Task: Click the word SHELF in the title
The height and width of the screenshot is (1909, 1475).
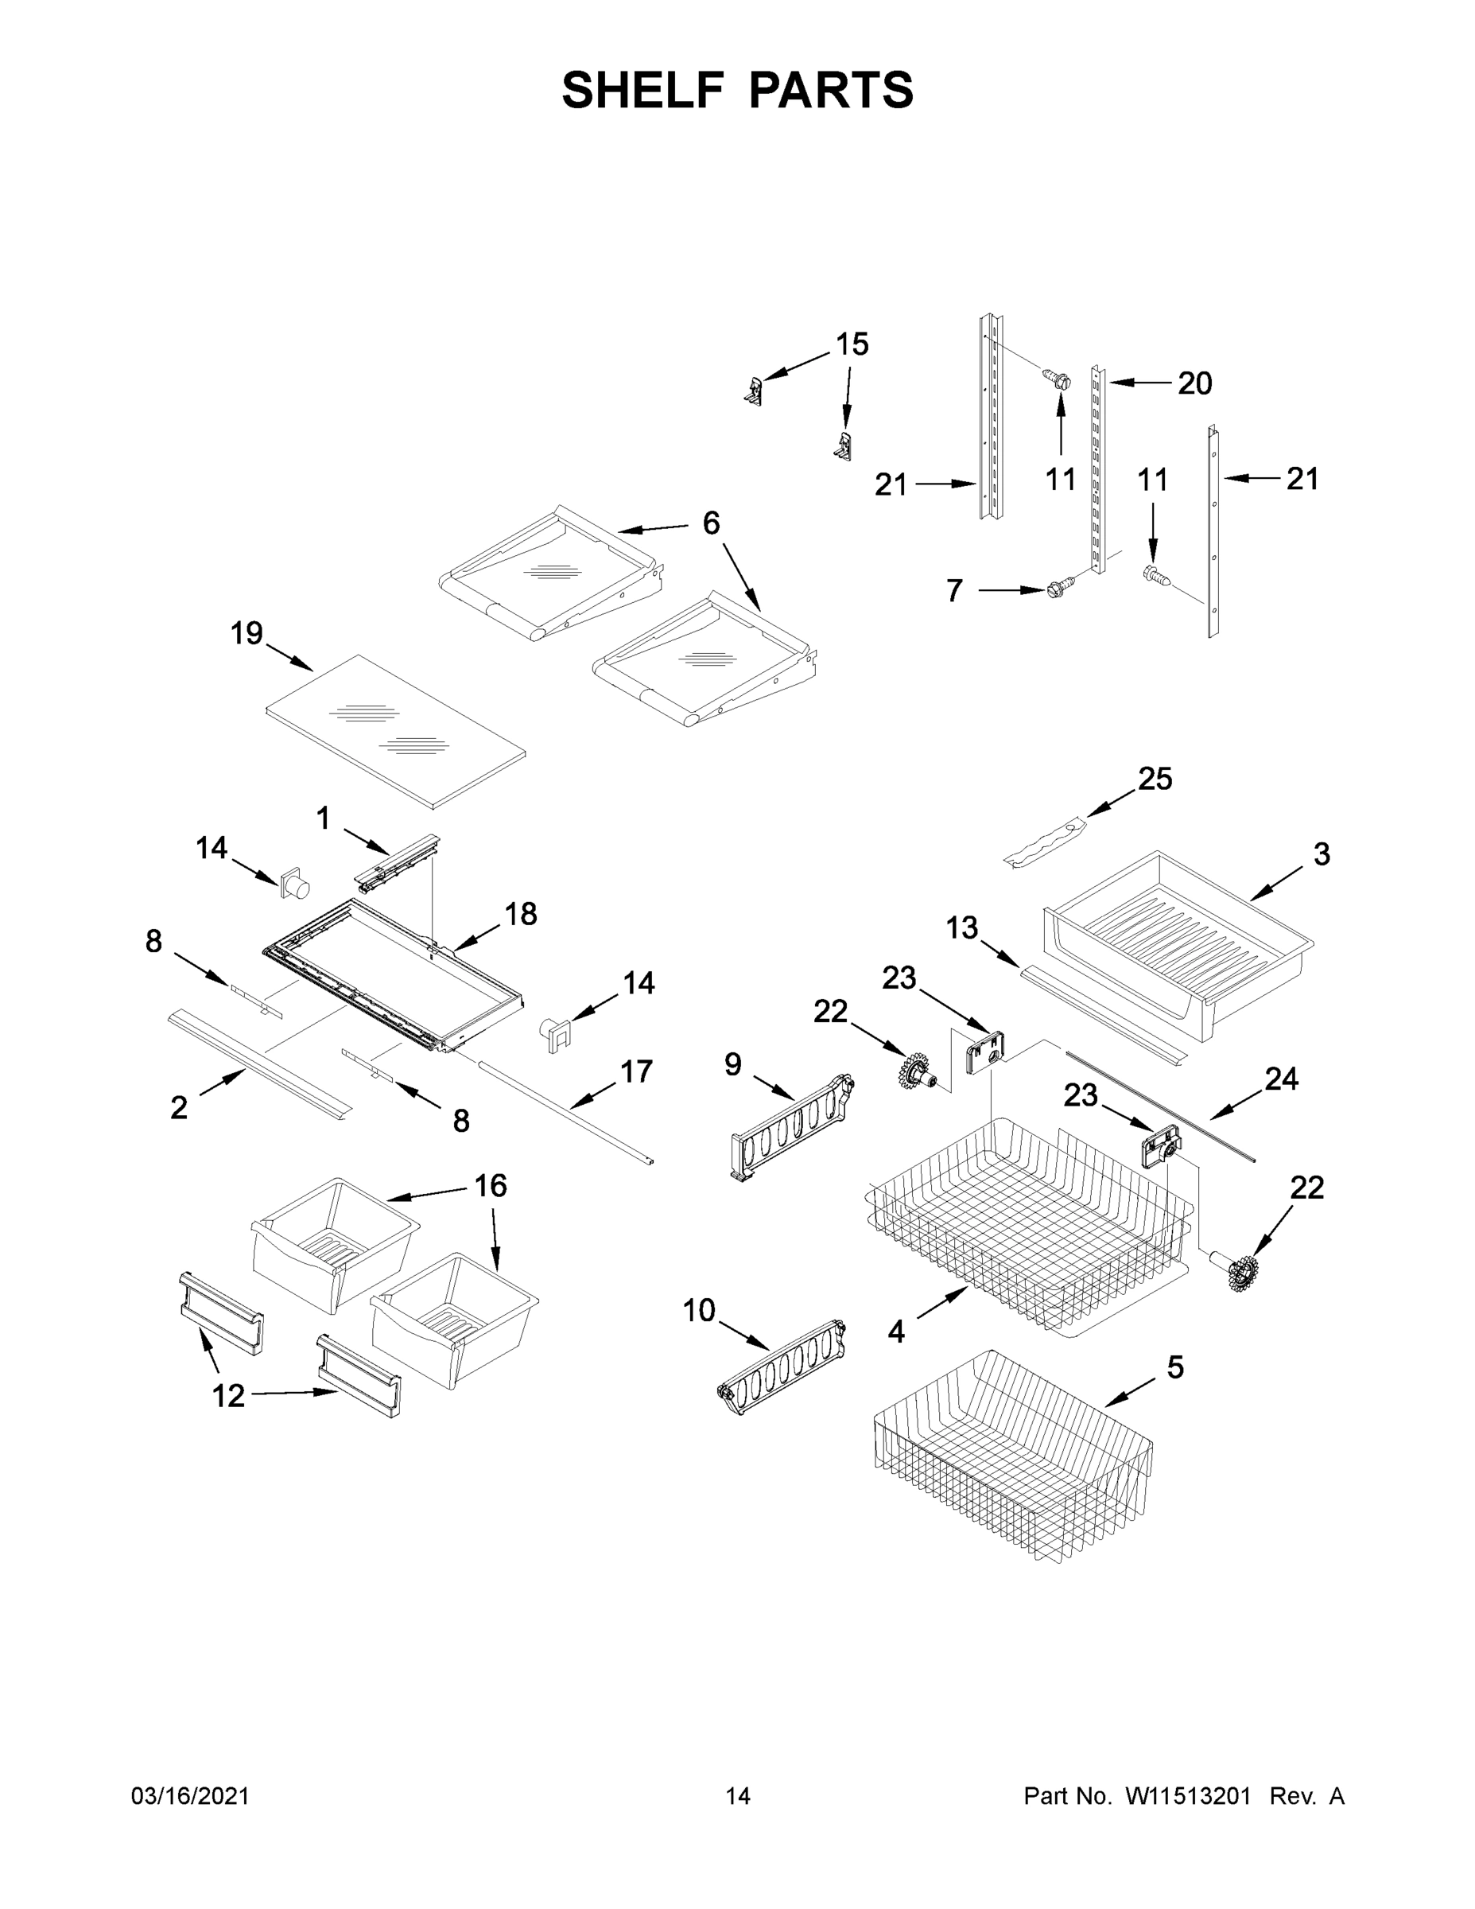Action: pyautogui.click(x=643, y=90)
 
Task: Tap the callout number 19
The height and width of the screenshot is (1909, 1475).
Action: pyautogui.click(x=246, y=633)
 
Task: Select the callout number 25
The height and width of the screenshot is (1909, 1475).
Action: pyautogui.click(x=1155, y=779)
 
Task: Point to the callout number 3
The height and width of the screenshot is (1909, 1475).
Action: pyautogui.click(x=1322, y=854)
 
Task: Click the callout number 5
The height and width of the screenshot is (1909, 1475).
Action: pyautogui.click(x=1175, y=1367)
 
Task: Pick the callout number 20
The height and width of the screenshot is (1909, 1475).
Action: pyautogui.click(x=1194, y=383)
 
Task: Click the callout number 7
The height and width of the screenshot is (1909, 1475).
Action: pyautogui.click(x=955, y=591)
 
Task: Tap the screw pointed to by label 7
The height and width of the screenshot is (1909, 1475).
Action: pyautogui.click(x=1058, y=590)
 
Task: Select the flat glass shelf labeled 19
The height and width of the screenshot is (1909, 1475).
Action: pyautogui.click(x=395, y=731)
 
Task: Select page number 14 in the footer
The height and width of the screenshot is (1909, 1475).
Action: pyautogui.click(x=738, y=1796)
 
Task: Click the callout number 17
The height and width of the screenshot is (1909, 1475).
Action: pyautogui.click(x=636, y=1071)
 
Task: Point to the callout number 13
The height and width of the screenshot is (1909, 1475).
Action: pyautogui.click(x=962, y=928)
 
